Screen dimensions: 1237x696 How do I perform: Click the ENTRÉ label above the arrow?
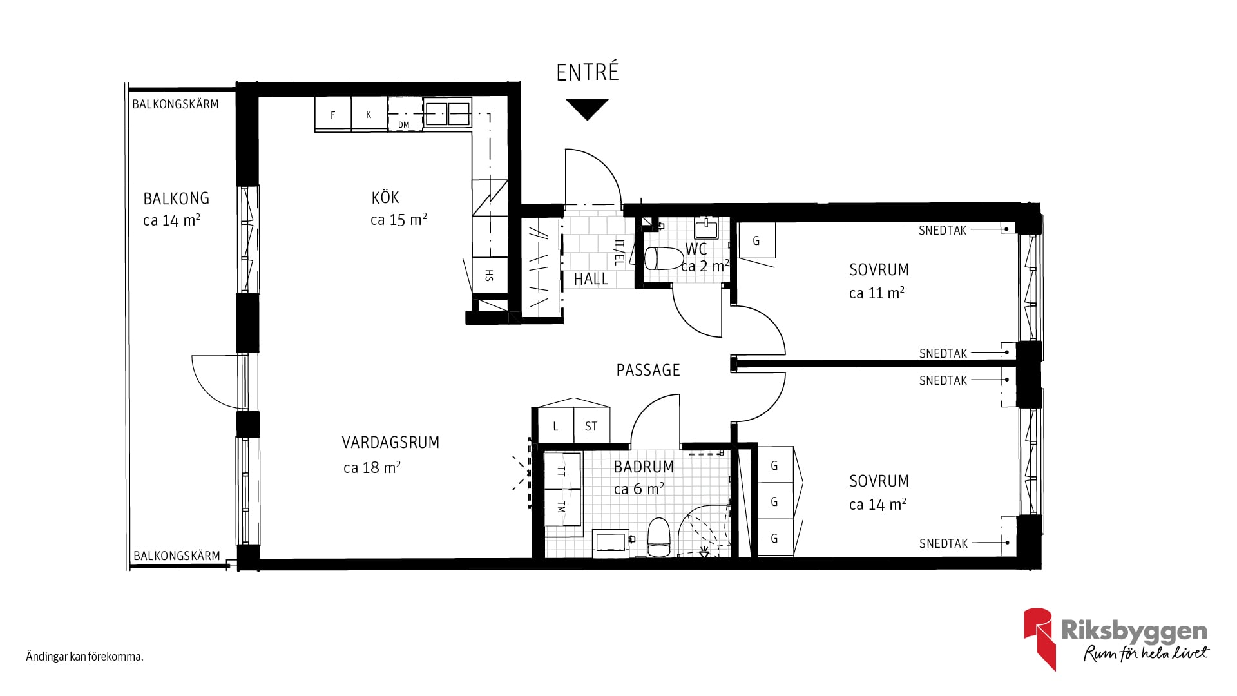(587, 72)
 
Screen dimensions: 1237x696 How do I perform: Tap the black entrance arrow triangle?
(587, 108)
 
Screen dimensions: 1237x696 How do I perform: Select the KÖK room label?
(385, 197)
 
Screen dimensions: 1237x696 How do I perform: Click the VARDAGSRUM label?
(390, 443)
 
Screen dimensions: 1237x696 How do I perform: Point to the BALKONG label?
(177, 198)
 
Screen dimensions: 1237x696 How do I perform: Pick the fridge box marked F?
(333, 114)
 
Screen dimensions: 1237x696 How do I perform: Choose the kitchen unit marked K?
(369, 114)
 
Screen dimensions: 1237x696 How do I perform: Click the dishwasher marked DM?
(405, 114)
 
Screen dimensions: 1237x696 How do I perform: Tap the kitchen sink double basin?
(448, 113)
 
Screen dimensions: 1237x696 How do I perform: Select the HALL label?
(591, 279)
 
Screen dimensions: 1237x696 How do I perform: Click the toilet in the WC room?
(664, 258)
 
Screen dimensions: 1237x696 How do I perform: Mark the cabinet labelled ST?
(591, 425)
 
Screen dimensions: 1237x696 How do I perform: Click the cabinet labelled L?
(555, 425)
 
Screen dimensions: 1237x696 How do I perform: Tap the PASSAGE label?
(648, 370)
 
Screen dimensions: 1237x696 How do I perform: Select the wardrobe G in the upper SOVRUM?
(756, 240)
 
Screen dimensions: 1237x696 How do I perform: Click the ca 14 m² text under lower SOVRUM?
(877, 505)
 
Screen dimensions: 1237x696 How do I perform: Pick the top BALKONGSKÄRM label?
(175, 104)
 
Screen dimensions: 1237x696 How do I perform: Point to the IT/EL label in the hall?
(618, 253)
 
